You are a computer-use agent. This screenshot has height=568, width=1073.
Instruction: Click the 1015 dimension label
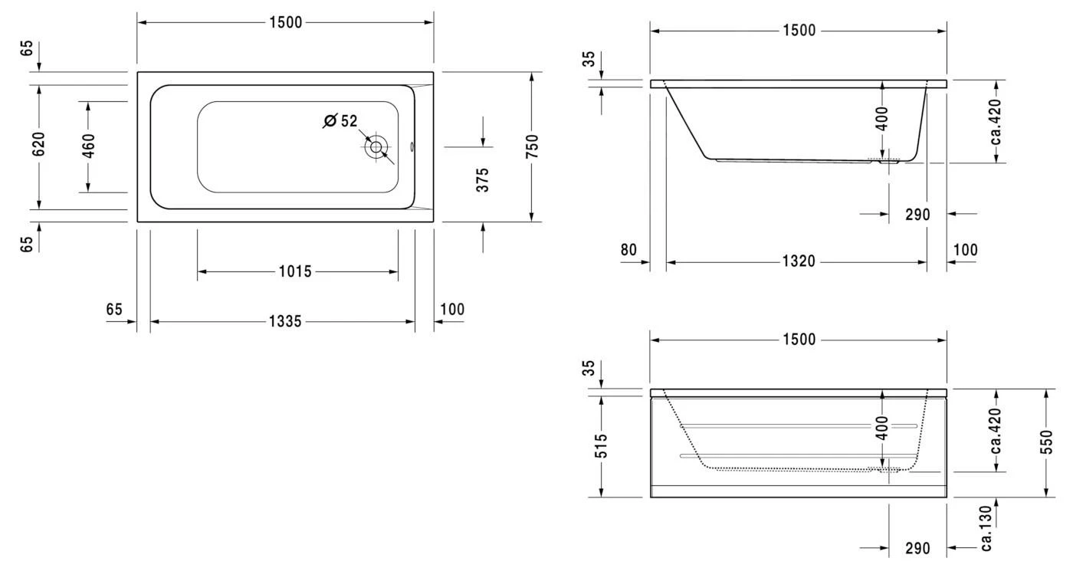(x=295, y=271)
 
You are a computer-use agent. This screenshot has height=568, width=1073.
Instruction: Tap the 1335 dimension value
(x=285, y=321)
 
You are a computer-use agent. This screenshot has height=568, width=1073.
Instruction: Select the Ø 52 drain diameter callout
(x=340, y=120)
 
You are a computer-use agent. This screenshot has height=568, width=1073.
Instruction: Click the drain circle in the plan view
(x=376, y=147)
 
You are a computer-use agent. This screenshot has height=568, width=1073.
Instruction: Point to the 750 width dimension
(x=532, y=146)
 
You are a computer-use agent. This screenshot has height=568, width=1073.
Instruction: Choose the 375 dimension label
(x=483, y=179)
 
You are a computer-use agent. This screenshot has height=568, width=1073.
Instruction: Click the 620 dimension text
(x=38, y=143)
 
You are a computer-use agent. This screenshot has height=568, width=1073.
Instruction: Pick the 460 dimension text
(x=89, y=146)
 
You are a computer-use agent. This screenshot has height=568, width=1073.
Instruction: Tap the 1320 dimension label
(x=799, y=261)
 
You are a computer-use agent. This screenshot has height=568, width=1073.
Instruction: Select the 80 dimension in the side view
(x=629, y=250)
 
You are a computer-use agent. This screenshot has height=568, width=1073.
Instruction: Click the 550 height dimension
(x=1047, y=442)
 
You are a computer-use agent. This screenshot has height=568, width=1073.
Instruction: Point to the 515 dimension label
(x=601, y=446)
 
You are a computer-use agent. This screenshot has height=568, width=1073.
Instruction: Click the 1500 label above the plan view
(x=286, y=22)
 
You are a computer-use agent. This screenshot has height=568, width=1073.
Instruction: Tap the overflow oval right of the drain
(x=412, y=147)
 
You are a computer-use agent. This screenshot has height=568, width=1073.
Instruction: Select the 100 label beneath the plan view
(x=452, y=310)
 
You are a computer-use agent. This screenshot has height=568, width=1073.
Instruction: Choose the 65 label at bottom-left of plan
(x=28, y=245)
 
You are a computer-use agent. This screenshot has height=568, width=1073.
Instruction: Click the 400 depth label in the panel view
(x=882, y=428)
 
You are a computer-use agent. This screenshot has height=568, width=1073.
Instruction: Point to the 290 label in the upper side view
(x=917, y=215)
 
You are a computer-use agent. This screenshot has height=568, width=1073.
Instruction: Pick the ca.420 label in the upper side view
(x=996, y=122)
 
